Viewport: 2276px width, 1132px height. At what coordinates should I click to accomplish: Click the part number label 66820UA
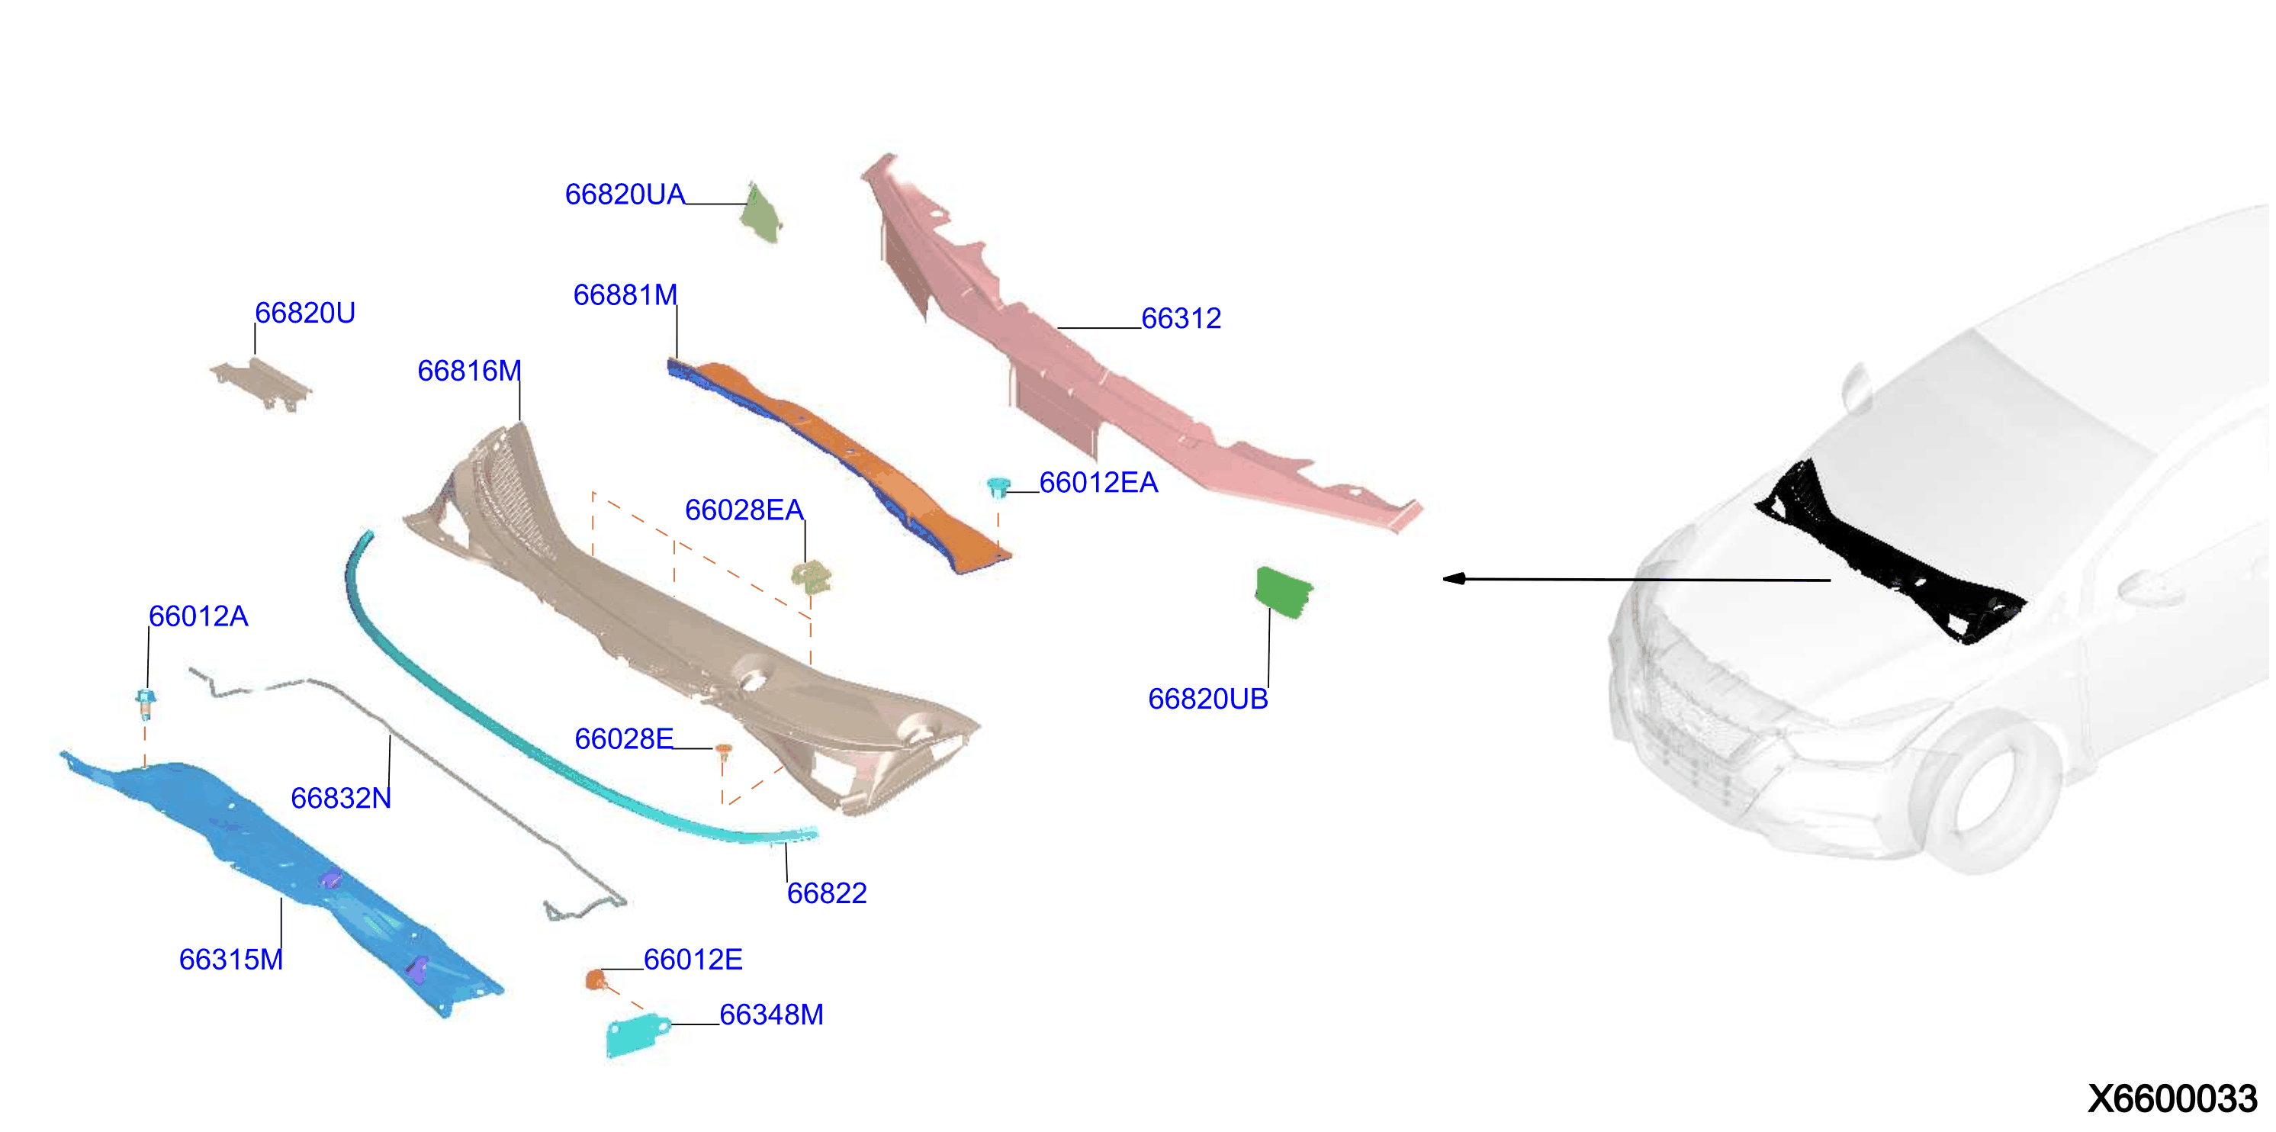tap(625, 195)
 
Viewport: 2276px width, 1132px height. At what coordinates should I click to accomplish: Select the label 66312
tap(1181, 318)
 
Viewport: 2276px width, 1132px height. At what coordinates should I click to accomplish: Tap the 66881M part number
tap(625, 295)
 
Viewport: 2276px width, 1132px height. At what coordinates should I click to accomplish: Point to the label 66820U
tap(305, 313)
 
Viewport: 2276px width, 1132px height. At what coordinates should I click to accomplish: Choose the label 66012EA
tap(1098, 483)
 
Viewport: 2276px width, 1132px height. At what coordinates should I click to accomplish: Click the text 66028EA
tap(744, 510)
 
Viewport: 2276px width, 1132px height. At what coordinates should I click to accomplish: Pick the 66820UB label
tap(1208, 699)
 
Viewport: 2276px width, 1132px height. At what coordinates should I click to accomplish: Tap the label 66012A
tap(198, 616)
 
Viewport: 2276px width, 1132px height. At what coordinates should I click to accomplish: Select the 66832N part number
tap(340, 798)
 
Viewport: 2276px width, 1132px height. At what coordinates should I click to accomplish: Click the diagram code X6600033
tap(2172, 1098)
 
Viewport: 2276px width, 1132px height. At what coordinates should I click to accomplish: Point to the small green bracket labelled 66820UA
tap(762, 213)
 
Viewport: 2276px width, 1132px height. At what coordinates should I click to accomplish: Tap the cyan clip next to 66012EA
tap(998, 487)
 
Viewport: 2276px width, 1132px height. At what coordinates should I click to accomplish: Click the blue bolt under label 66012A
tap(146, 703)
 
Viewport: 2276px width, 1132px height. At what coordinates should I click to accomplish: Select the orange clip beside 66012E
tap(596, 979)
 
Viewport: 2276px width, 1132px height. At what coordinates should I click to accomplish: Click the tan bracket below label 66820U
tap(262, 384)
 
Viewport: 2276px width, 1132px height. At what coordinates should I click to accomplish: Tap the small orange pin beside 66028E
tap(723, 751)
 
